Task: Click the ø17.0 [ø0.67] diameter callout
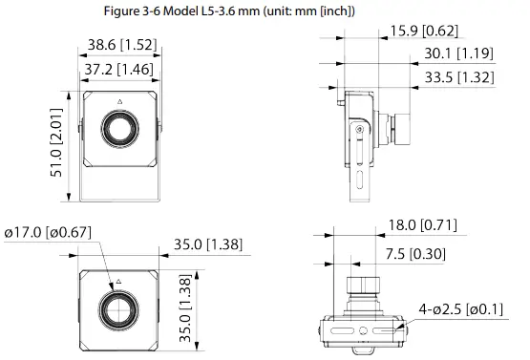[x=47, y=231]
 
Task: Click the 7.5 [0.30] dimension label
[x=413, y=254]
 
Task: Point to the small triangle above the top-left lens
[x=120, y=101]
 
